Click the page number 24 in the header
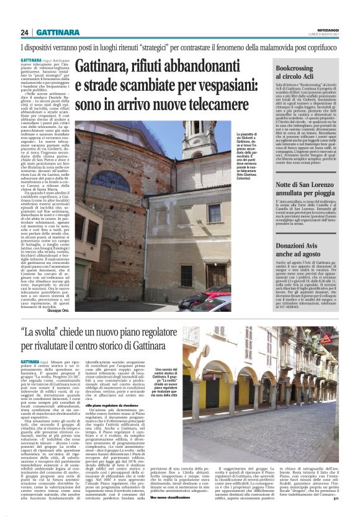click(x=25, y=32)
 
